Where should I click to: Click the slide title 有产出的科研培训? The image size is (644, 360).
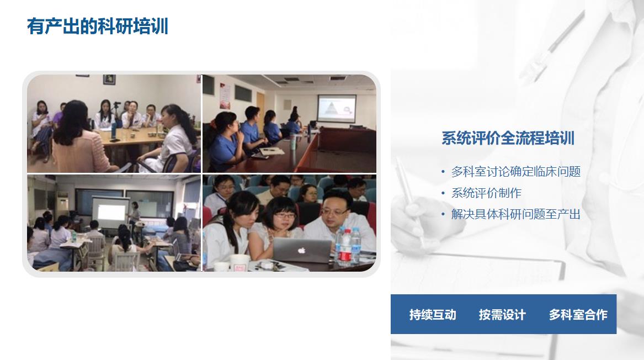(x=98, y=27)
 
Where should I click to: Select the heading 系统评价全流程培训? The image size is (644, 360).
(x=508, y=138)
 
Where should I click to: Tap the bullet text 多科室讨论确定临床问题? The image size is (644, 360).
(x=516, y=171)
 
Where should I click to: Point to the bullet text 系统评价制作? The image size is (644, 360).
(x=486, y=193)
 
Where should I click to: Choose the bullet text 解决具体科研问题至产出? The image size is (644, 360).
(x=516, y=214)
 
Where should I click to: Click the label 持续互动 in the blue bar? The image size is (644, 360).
(x=433, y=315)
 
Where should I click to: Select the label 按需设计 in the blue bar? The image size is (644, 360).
(x=502, y=315)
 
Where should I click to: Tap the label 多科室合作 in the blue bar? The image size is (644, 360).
(x=578, y=315)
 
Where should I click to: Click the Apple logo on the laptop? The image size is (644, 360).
(x=301, y=250)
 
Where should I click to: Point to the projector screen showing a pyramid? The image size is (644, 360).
(x=337, y=108)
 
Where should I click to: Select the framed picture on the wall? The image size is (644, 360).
(x=109, y=80)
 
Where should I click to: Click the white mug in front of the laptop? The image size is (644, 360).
(x=239, y=263)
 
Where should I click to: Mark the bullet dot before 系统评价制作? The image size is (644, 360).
(x=443, y=193)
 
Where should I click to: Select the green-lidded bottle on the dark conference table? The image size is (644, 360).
(x=293, y=141)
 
